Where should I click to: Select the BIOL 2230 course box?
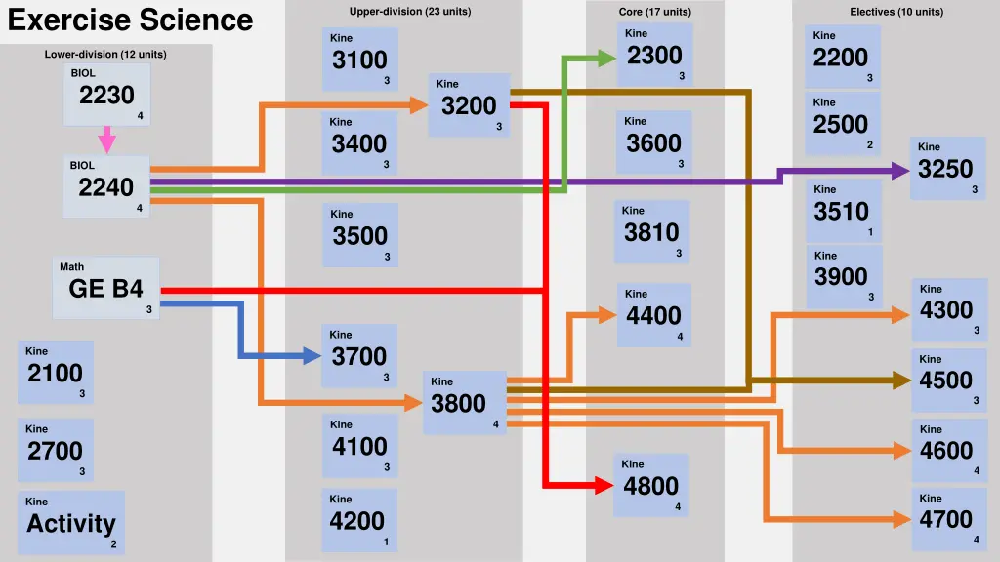click(107, 95)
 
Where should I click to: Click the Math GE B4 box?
click(106, 288)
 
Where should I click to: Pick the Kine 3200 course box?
click(469, 104)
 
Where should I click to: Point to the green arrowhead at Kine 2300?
click(605, 59)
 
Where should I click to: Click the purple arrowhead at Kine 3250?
click(898, 171)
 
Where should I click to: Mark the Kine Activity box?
click(71, 523)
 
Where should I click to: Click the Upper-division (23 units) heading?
click(409, 12)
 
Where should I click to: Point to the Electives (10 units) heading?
click(896, 12)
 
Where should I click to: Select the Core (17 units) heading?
click(654, 12)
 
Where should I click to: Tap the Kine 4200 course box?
click(358, 520)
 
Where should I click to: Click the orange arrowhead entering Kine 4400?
click(606, 314)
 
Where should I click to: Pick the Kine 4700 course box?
click(946, 518)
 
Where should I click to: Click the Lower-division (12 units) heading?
click(105, 55)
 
